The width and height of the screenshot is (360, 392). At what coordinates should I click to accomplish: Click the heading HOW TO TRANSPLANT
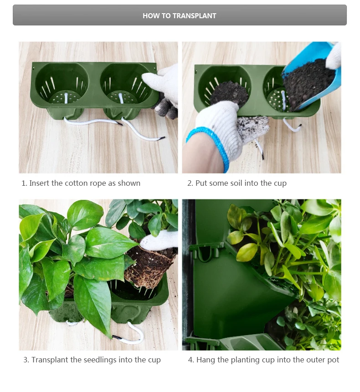(180, 15)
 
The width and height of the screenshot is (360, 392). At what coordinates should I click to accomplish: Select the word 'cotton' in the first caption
(76, 183)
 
